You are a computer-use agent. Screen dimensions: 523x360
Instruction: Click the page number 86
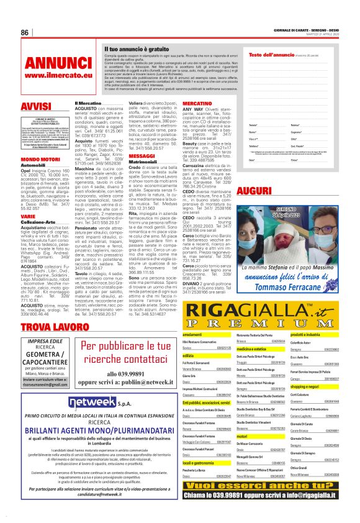point(25,33)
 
